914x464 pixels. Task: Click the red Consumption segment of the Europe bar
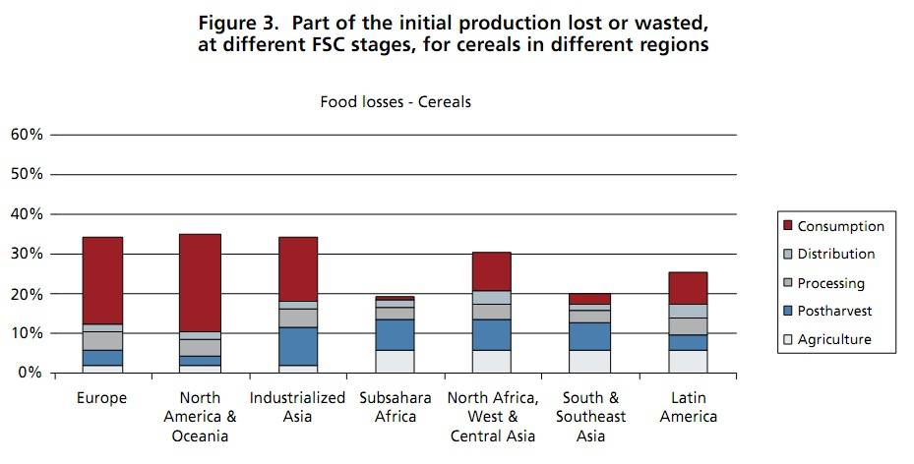[102, 280]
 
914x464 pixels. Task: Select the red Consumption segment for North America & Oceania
[200, 283]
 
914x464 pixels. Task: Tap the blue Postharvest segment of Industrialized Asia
[298, 346]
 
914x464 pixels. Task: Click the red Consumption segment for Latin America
[688, 288]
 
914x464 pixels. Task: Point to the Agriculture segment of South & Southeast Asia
[590, 361]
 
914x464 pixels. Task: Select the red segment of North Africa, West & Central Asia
[492, 271]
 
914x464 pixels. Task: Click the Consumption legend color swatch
[786, 226]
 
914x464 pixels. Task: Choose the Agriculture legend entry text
[834, 340]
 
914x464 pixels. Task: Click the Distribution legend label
[836, 255]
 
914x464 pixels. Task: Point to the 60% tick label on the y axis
[26, 134]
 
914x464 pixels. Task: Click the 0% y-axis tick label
[30, 374]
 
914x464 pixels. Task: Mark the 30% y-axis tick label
[26, 254]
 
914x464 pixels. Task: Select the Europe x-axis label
[101, 398]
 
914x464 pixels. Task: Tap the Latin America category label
[688, 407]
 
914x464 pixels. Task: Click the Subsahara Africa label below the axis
[395, 407]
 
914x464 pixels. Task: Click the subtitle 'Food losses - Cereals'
[396, 101]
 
